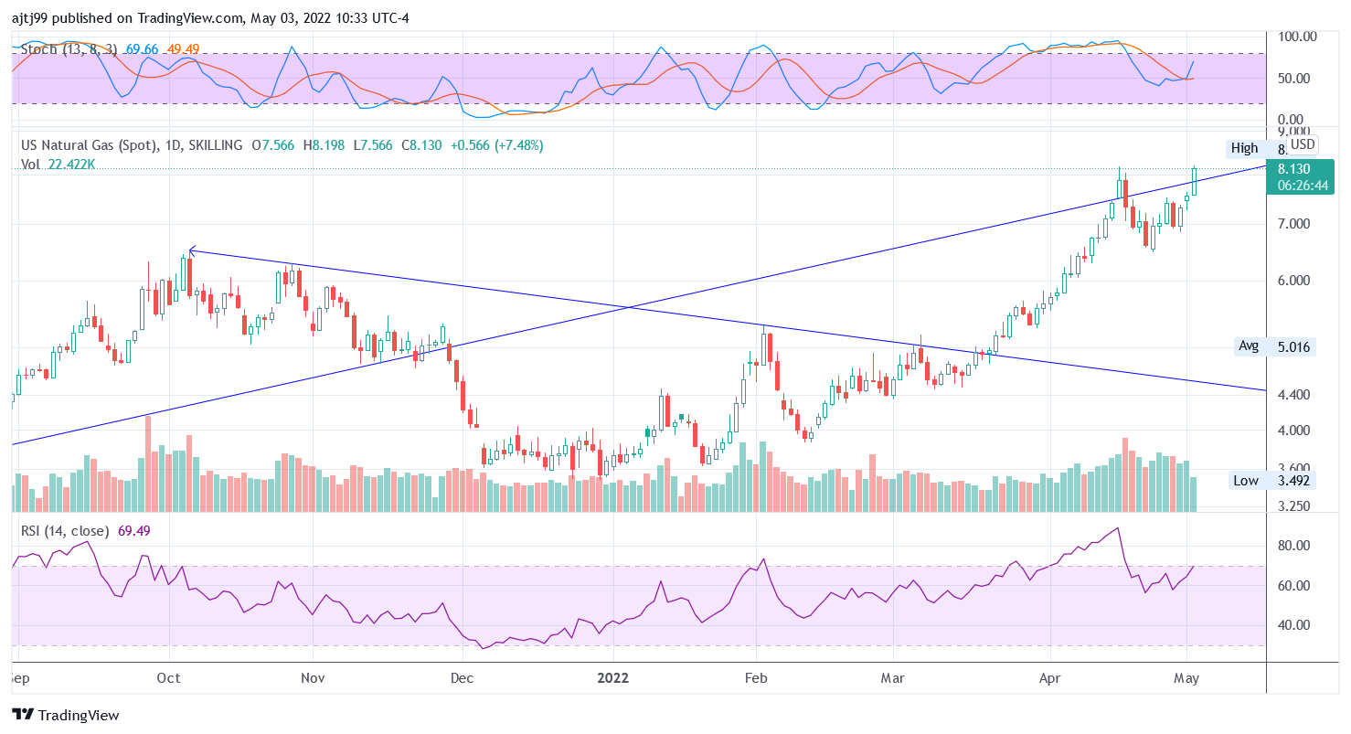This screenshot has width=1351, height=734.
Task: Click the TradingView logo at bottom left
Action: pos(66,715)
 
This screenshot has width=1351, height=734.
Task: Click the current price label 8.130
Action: pos(1294,168)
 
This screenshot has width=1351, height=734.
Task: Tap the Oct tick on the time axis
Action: pos(169,678)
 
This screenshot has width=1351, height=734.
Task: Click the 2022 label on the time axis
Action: pos(613,678)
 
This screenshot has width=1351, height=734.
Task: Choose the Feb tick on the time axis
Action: pos(756,678)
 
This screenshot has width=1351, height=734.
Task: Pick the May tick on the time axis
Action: pos(1186,678)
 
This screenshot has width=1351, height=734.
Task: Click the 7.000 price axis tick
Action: pos(1294,224)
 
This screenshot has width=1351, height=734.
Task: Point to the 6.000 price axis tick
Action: pos(1294,281)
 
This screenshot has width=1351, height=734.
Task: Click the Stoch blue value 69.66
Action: pos(142,48)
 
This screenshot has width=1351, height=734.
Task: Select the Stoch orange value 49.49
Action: pos(183,48)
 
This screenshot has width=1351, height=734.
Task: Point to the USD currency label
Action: pos(1303,144)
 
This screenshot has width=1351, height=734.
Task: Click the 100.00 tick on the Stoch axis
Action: pos(1297,37)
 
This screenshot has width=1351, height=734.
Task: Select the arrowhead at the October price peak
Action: pos(191,250)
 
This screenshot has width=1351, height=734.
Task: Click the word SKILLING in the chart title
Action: pos(213,145)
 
